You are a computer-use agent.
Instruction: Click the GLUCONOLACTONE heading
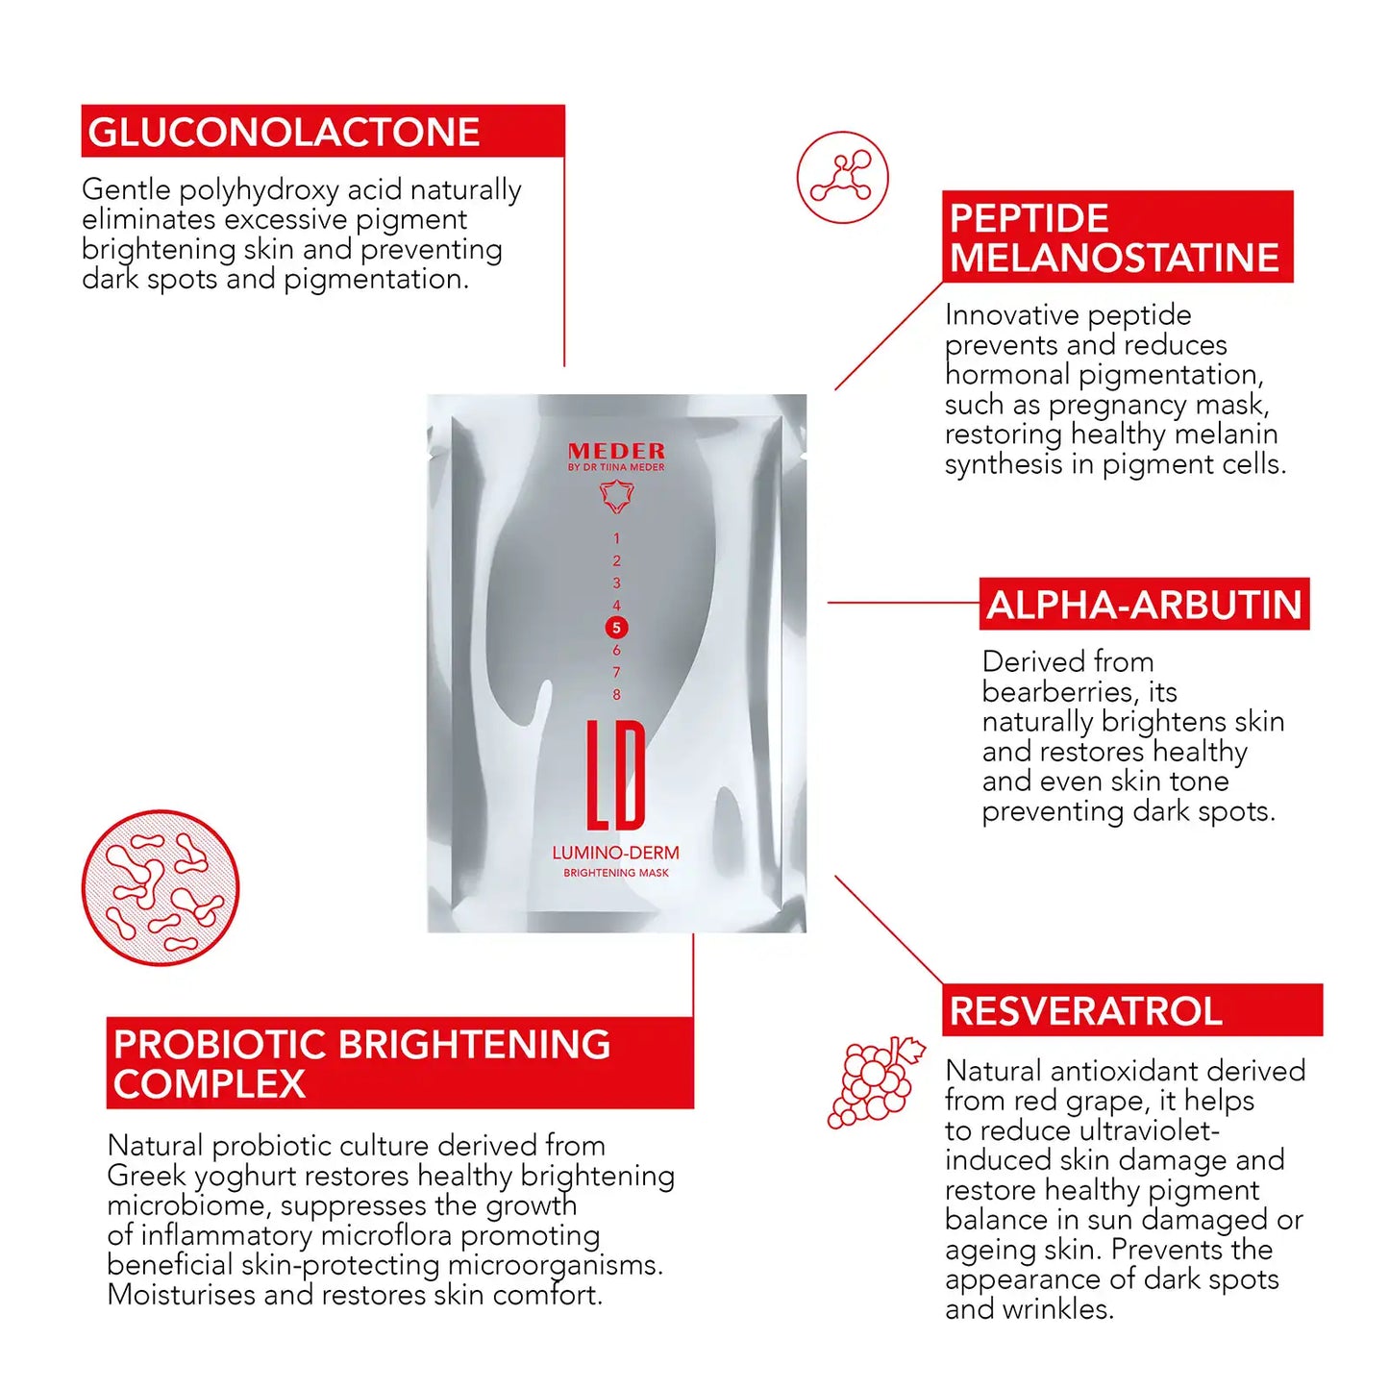pyautogui.click(x=284, y=133)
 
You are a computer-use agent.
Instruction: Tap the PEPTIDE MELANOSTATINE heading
pyautogui.click(x=1114, y=238)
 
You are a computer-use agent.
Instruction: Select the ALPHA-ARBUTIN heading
pyautogui.click(x=1144, y=606)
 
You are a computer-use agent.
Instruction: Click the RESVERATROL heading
pyautogui.click(x=1086, y=1011)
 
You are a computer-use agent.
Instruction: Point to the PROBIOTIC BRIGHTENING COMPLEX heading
pyautogui.click(x=361, y=1063)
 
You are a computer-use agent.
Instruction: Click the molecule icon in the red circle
pyautogui.click(x=842, y=178)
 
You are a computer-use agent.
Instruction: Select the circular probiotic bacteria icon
pyautogui.click(x=161, y=887)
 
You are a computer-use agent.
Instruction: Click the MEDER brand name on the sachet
pyautogui.click(x=616, y=451)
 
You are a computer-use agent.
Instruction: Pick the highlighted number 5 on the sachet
pyautogui.click(x=616, y=628)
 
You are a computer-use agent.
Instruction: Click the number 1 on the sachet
pyautogui.click(x=616, y=538)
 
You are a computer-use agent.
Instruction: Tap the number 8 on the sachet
pyautogui.click(x=616, y=694)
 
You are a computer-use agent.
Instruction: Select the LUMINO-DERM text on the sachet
pyautogui.click(x=615, y=853)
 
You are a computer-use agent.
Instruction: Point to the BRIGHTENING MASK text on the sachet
pyautogui.click(x=615, y=873)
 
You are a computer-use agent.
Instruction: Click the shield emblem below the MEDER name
pyautogui.click(x=616, y=496)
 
